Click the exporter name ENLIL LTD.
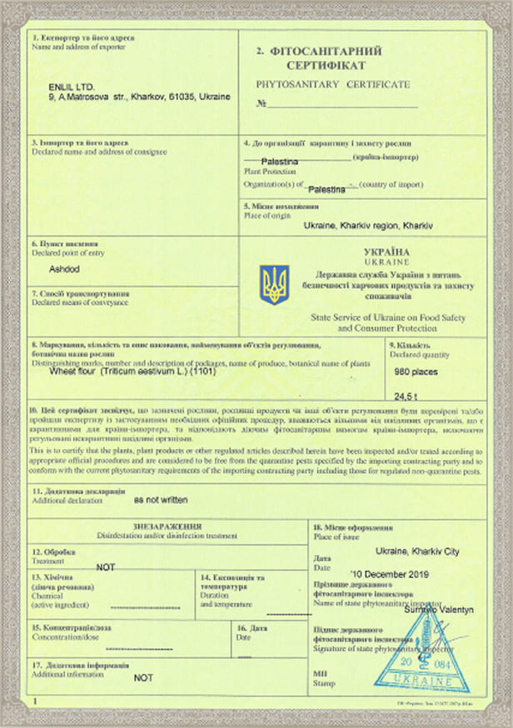[x=72, y=87]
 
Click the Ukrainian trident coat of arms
[x=274, y=284]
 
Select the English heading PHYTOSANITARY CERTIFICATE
[x=334, y=85]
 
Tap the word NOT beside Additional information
[x=144, y=678]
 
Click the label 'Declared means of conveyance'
[x=80, y=302]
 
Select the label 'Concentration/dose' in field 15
[x=67, y=636]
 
